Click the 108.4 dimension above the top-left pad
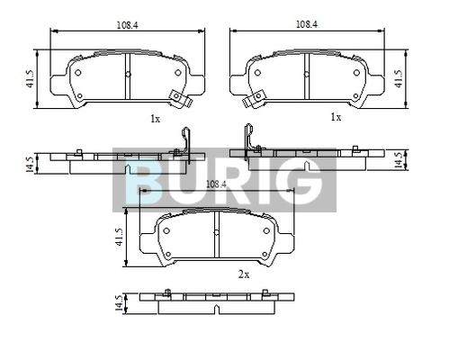point(127,25)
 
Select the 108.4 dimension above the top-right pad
point(307,24)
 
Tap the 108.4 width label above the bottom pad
point(216,184)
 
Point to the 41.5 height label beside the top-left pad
point(31,79)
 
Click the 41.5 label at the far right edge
point(399,79)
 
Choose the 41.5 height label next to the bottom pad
point(120,237)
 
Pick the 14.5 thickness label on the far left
point(30,164)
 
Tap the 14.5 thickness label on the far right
point(399,160)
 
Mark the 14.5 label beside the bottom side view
point(120,303)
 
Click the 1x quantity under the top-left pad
point(155,119)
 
